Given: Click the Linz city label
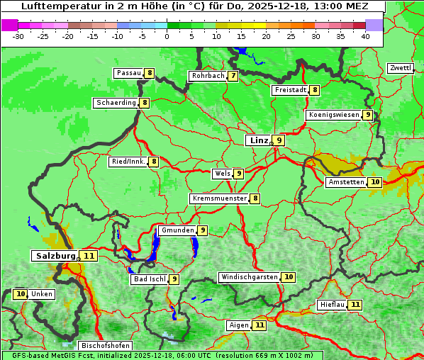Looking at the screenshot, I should (258, 140).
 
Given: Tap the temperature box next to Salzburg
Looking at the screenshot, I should (89, 256).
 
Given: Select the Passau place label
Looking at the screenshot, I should (128, 73).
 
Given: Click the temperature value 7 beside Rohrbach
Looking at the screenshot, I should (233, 76).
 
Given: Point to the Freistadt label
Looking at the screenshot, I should (290, 90).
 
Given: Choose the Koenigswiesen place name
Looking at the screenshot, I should (333, 115).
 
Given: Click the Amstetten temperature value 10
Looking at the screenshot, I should (375, 182).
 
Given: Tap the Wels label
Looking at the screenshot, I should (222, 174).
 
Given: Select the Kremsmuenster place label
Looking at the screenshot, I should (219, 199).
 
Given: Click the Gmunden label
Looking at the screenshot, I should (177, 230).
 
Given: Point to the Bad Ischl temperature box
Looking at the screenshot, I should (174, 279).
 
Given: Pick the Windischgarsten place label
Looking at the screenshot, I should (249, 277).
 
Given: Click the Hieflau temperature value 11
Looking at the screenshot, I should (355, 305).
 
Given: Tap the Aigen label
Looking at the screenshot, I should (238, 325).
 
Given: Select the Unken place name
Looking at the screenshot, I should (42, 294).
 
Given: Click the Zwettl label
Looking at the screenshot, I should (400, 68).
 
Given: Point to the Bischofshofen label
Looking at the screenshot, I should (105, 346).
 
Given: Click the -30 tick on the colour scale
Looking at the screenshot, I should (19, 35).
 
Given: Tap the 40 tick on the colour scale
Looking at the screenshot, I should (365, 35).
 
